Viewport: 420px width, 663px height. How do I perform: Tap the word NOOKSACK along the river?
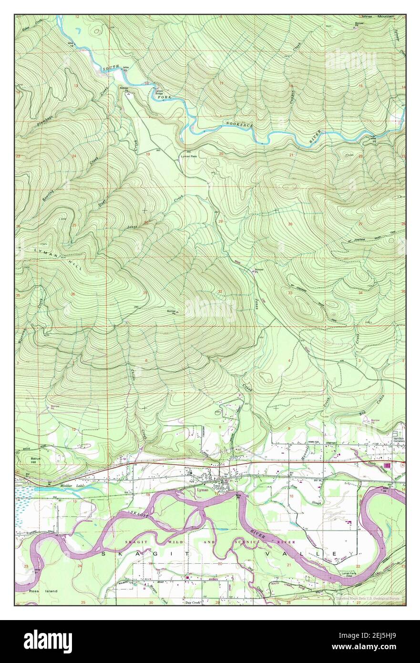coord(238,125)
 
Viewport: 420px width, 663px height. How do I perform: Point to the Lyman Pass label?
coord(191,155)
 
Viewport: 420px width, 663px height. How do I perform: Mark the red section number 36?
coord(72,293)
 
